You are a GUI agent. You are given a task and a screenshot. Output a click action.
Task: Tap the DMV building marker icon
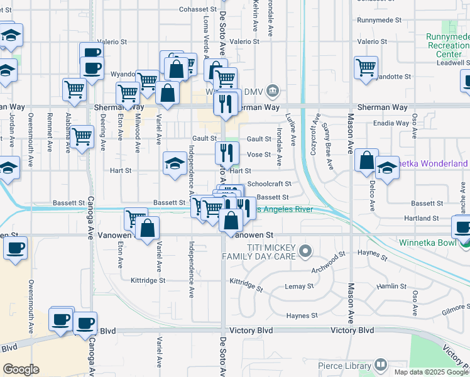pos(273,91)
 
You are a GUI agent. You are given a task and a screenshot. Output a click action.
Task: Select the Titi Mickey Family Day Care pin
pos(305,252)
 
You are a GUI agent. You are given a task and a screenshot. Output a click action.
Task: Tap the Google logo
pos(21,369)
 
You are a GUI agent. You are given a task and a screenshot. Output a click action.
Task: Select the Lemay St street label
pos(299,287)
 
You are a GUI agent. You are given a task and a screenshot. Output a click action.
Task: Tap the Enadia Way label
pos(391,124)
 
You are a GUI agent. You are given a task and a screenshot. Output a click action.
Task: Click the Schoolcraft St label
pos(269,184)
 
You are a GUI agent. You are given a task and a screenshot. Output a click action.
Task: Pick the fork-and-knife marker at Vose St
pos(227,151)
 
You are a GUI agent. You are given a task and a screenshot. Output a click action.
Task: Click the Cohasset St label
pos(197,10)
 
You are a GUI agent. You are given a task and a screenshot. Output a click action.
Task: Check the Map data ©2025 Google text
pos(431,372)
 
